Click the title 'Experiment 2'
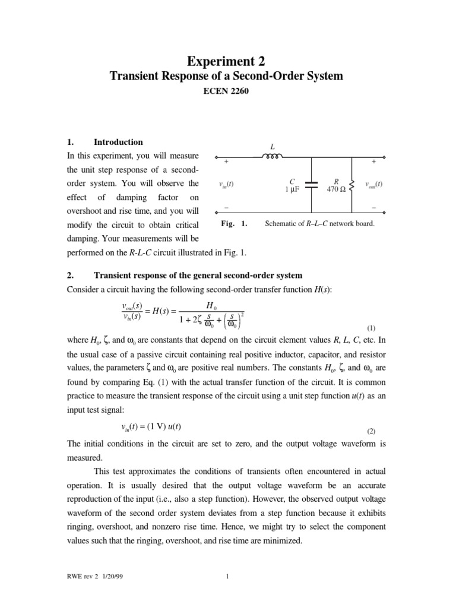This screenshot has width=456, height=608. click(x=227, y=61)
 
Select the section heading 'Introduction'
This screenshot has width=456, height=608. click(x=118, y=142)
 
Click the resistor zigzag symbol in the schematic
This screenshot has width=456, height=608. click(x=352, y=185)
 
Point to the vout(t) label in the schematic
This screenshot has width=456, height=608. click(x=373, y=184)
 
